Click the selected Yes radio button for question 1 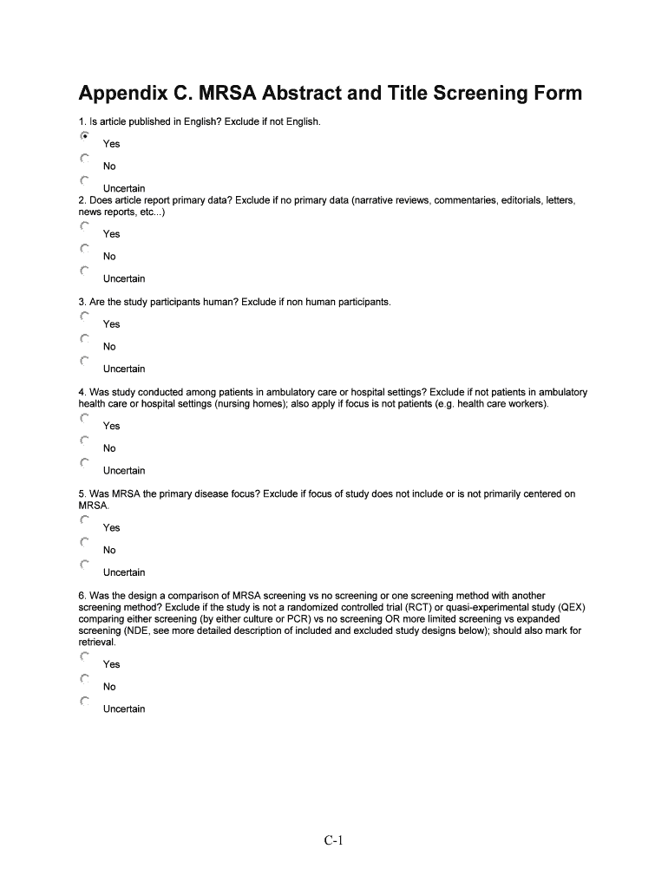[84, 136]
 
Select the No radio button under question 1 [84, 159]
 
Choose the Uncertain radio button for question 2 [84, 271]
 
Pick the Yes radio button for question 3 [84, 317]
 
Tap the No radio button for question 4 [84, 441]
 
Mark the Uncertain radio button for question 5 [84, 565]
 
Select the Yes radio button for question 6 [84, 656]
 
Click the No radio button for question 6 [84, 679]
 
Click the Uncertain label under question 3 [124, 369]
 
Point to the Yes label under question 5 [112, 528]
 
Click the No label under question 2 [109, 257]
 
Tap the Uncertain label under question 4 [124, 471]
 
